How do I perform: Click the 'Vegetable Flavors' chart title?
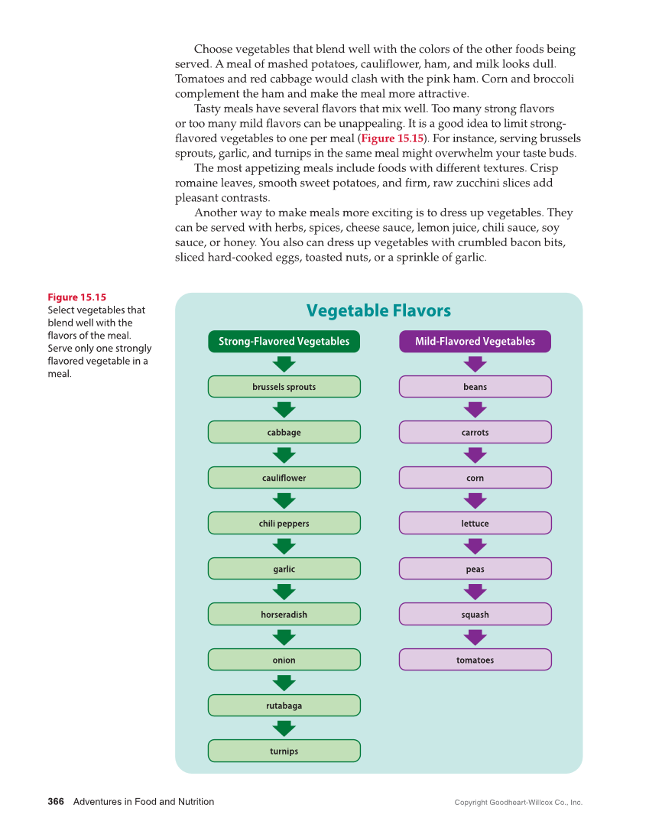378,310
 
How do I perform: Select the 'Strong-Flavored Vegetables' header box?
284,342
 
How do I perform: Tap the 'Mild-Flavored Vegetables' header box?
475,342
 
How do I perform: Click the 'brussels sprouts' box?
284,387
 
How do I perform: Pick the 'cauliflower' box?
284,478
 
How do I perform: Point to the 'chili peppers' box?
284,524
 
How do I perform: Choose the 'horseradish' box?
284,615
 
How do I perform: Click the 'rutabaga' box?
284,706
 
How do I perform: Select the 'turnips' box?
284,751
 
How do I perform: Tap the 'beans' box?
475,387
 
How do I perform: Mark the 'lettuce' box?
475,524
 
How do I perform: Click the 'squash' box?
475,615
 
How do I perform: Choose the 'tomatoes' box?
475,661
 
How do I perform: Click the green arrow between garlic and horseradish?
284,592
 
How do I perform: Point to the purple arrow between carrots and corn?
475,455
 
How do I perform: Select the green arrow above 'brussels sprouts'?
284,364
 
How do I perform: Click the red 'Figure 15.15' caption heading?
76,297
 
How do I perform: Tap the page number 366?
55,802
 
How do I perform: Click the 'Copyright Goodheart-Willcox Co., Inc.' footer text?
518,803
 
